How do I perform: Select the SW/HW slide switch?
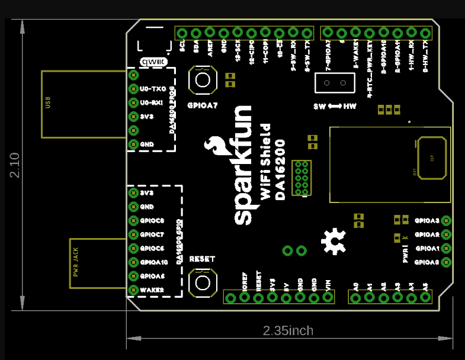tap(335, 83)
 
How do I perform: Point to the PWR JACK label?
tap(76, 263)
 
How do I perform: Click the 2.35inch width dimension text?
tap(288, 330)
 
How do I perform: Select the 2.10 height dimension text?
tap(15, 165)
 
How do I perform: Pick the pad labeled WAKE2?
tap(133, 290)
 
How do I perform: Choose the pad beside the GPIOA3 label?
tap(446, 221)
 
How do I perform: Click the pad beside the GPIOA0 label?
tap(446, 262)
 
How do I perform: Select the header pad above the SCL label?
tap(182, 33)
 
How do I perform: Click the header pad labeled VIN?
tap(329, 297)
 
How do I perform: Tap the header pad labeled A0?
tap(356, 297)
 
